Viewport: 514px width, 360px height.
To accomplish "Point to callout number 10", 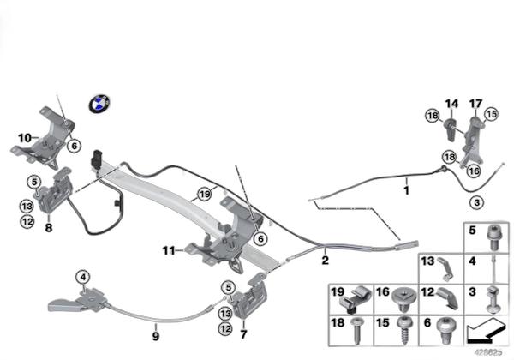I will [24, 137].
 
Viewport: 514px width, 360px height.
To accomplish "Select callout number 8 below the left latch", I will [49, 228].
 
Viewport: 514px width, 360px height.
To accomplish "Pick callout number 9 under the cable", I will [156, 326].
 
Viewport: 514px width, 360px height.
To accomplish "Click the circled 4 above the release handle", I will [82, 276].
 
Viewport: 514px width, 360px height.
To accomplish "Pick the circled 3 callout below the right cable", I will [475, 202].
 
